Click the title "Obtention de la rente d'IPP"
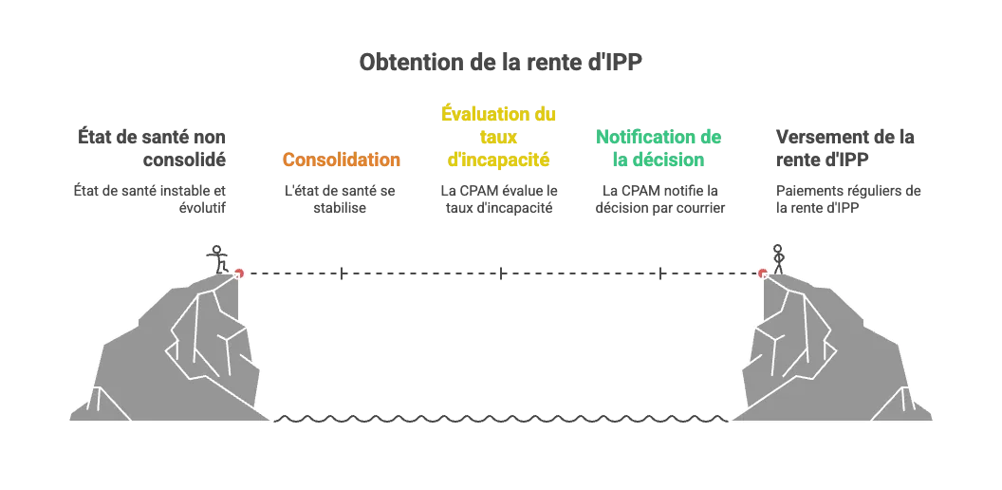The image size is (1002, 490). pos(500,62)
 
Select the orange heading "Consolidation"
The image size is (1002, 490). pos(342,160)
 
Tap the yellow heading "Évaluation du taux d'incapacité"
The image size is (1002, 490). pos(498,136)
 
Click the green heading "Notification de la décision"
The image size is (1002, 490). pos(659,148)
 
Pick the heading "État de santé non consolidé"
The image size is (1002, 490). pos(152,148)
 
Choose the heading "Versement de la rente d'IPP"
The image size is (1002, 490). pos(844,148)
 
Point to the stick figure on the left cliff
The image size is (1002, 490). pos(218,259)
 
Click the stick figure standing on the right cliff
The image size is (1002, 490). pos(778,259)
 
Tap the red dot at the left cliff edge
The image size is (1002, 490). pos(239,273)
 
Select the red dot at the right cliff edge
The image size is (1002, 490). pos(762,273)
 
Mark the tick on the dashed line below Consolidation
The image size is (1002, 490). pos(342,273)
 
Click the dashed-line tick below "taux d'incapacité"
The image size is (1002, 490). pos(500,273)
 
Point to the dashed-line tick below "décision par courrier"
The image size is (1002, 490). pos(659,273)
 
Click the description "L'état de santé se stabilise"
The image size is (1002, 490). pos(340,198)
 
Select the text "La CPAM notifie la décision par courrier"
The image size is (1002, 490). pos(659,198)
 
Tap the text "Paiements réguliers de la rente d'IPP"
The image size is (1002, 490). pos(848,198)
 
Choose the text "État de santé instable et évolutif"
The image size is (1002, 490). pos(150,198)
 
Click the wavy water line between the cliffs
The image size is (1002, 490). pos(500,419)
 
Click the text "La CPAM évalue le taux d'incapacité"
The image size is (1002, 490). pos(499,198)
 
